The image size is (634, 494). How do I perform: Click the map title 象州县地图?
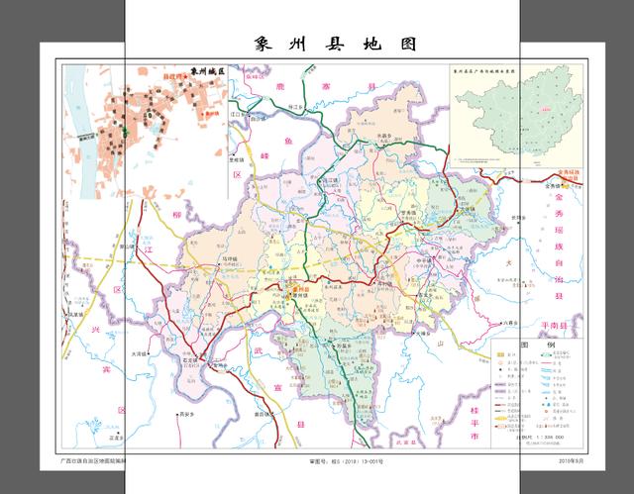[328, 45]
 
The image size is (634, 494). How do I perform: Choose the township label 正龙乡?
[98, 436]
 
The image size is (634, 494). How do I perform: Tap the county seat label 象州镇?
[298, 295]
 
